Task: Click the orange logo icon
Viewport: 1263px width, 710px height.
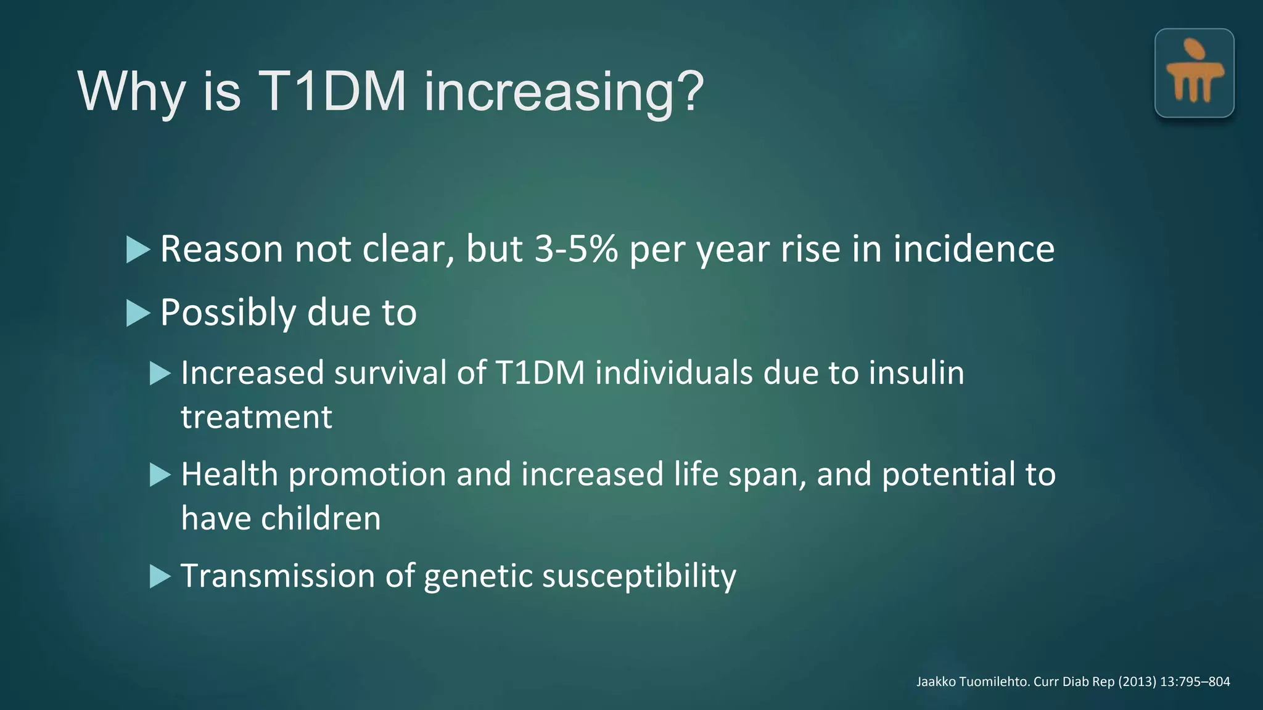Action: pos(1194,73)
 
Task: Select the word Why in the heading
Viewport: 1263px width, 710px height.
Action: pos(131,92)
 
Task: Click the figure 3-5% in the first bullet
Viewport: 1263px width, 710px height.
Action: pos(575,250)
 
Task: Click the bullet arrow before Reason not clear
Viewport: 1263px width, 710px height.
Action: pos(138,250)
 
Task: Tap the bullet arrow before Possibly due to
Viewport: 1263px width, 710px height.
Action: pos(138,313)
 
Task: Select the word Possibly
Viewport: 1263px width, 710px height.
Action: pos(228,313)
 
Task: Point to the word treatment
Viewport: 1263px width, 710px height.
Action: pos(256,417)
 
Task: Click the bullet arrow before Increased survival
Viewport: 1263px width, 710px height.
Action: pos(160,373)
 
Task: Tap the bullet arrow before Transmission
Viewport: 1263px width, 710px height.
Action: pos(160,577)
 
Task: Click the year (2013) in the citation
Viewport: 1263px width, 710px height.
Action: pos(1137,682)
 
